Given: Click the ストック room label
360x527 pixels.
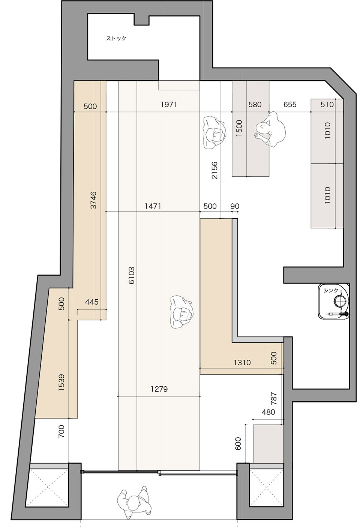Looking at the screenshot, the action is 116,38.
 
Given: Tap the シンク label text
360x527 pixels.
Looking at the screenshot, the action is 331,290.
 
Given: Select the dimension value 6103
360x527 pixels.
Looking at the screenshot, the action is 132,275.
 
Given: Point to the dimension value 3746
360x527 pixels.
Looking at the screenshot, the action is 94,200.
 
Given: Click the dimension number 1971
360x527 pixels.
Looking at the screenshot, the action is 169,104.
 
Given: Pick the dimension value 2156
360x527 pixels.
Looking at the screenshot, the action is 214,170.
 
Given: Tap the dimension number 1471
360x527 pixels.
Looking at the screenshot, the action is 153,206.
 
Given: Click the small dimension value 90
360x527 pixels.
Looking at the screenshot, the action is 235,206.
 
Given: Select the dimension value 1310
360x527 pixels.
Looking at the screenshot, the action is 242,362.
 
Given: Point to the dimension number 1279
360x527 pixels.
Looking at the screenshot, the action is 159,389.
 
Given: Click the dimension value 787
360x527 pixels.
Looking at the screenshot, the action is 274,398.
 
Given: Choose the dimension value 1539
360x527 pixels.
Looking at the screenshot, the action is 61,383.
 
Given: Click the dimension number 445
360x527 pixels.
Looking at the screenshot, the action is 92,302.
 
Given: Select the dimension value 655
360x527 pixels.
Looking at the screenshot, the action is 290,104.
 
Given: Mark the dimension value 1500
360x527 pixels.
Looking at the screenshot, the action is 239,128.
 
